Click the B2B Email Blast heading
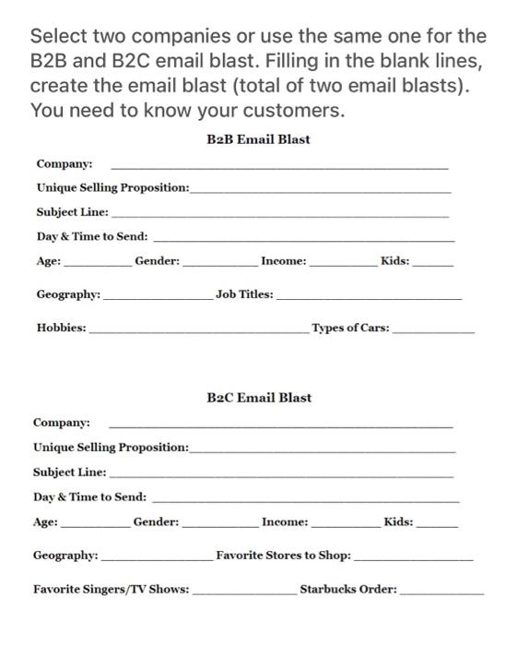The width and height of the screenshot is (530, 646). click(x=259, y=139)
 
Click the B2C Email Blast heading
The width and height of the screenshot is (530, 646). click(x=259, y=398)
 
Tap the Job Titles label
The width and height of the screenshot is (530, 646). click(x=244, y=294)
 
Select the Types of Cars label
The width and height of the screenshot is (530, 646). click(x=350, y=328)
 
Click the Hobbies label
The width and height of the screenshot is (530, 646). click(x=62, y=328)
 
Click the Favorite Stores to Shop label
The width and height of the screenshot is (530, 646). click(x=283, y=556)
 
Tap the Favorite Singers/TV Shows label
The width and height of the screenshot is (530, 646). click(x=112, y=589)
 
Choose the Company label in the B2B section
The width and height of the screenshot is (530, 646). click(x=65, y=164)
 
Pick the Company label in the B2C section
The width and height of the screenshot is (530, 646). click(x=62, y=423)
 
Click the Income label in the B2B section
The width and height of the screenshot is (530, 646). click(x=284, y=262)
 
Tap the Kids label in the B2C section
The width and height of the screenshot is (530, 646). click(x=399, y=522)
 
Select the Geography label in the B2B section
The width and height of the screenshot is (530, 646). click(x=68, y=294)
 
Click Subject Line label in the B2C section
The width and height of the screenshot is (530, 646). click(x=69, y=472)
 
